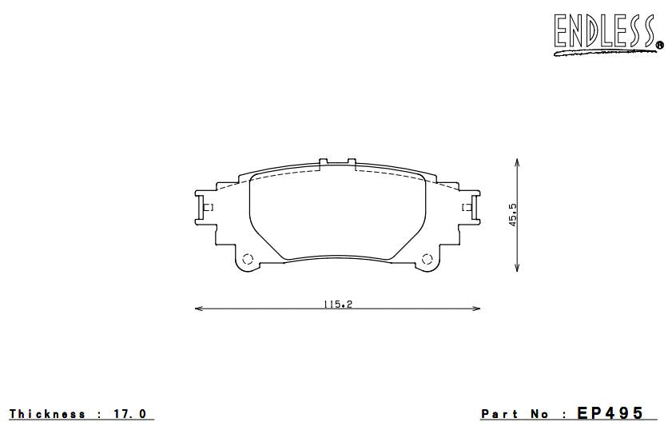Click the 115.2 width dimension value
pyautogui.click(x=337, y=304)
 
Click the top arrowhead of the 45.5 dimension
pyautogui.click(x=519, y=161)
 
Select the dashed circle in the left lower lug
pyautogui.click(x=247, y=258)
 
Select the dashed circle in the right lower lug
pyautogui.click(x=428, y=258)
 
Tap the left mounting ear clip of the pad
pyautogui.click(x=205, y=208)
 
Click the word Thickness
pyautogui.click(x=47, y=414)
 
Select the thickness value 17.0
pyautogui.click(x=131, y=414)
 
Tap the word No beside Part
pyautogui.click(x=539, y=414)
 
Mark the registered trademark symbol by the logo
pyautogui.click(x=659, y=46)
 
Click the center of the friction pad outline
pyautogui.click(x=337, y=214)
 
